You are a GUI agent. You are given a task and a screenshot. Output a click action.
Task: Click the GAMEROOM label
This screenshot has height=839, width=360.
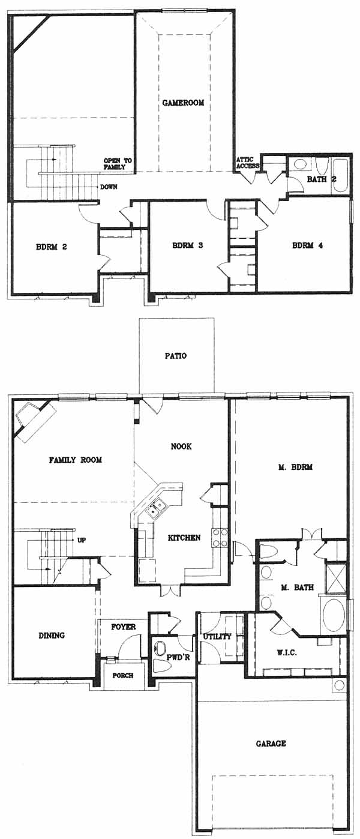click(183, 102)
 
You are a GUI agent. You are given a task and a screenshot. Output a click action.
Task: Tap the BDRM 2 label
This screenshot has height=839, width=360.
click(52, 247)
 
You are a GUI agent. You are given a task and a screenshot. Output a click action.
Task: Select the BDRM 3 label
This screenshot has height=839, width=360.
click(188, 245)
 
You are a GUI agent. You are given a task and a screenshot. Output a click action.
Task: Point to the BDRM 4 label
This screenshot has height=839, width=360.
click(307, 245)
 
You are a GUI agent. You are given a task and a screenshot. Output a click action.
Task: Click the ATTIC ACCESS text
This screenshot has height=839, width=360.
click(247, 163)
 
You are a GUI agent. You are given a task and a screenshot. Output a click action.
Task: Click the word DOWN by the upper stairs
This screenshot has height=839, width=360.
click(109, 187)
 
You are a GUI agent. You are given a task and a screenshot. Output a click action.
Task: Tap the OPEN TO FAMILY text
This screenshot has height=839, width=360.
click(118, 164)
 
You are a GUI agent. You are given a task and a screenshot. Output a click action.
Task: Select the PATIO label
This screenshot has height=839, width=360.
click(176, 355)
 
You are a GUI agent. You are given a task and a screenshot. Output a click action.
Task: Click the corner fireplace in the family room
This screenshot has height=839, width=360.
click(34, 421)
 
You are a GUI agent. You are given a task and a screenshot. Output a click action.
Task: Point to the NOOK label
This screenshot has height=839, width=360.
click(181, 446)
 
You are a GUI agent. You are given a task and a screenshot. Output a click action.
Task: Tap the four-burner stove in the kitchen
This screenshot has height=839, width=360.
click(220, 538)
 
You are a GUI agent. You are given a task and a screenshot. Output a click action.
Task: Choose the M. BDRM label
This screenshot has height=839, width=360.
click(295, 467)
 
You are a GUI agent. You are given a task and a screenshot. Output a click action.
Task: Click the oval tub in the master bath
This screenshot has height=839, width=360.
click(334, 615)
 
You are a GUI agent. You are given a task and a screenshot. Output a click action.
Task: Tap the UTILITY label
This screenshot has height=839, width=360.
click(217, 636)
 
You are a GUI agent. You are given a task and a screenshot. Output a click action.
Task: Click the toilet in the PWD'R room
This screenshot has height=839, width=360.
click(161, 666)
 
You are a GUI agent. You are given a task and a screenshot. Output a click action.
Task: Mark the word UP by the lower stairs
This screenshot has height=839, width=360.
click(82, 540)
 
